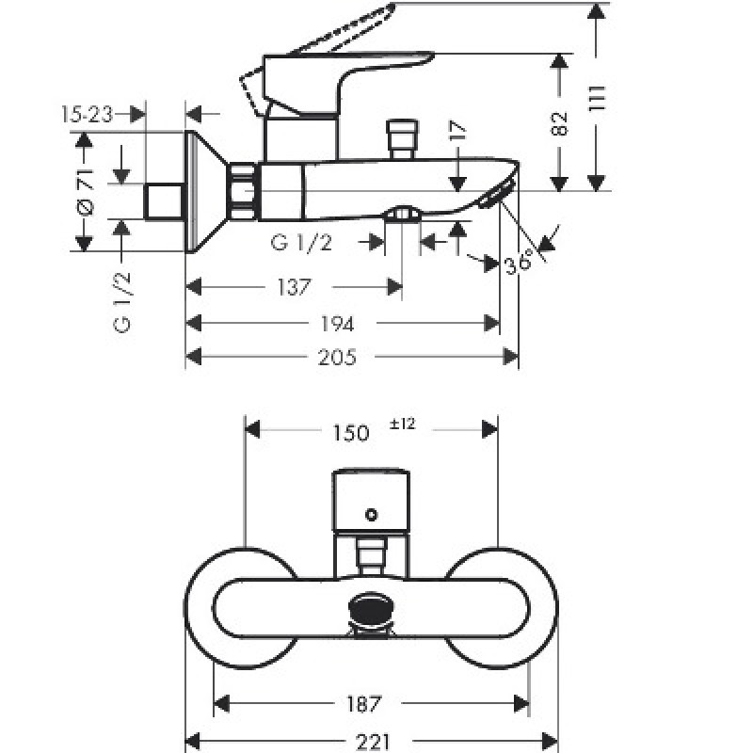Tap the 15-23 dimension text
coord(87,115)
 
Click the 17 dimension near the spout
coord(457,133)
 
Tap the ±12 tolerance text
coord(402,425)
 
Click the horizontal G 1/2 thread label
coord(301,243)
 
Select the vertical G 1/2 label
coord(122,301)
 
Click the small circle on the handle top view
coord(372,514)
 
